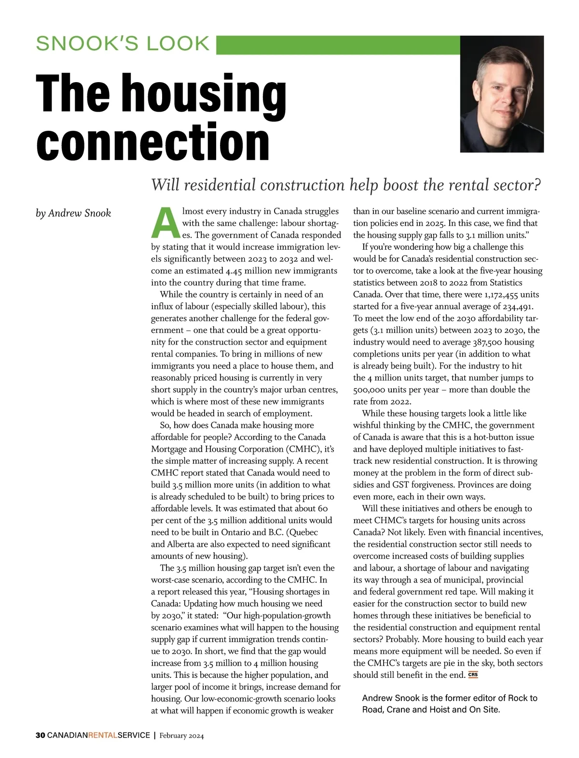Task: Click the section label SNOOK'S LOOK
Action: click(123, 43)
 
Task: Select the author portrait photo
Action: click(502, 94)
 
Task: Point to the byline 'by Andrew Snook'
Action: click(73, 213)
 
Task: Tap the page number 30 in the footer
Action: click(40, 735)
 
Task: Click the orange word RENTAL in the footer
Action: click(103, 735)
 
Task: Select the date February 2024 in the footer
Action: click(181, 736)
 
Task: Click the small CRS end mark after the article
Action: click(473, 675)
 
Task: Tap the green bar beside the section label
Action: click(338, 44)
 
